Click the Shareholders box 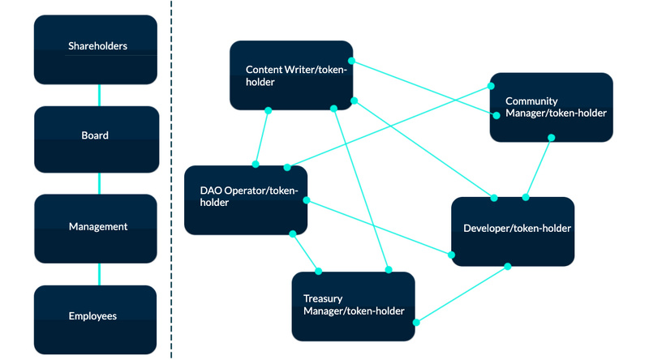(96, 49)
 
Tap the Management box (96, 228)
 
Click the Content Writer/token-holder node (290, 75)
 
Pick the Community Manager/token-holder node (551, 107)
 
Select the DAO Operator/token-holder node (245, 199)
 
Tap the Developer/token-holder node (513, 231)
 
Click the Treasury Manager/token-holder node (353, 306)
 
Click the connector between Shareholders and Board (99, 95)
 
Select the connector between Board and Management (99, 182)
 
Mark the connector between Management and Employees (99, 273)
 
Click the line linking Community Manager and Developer (539, 167)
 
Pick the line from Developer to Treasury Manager (462, 294)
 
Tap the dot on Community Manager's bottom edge (551, 138)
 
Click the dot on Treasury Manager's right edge (415, 322)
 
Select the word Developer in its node (488, 229)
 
